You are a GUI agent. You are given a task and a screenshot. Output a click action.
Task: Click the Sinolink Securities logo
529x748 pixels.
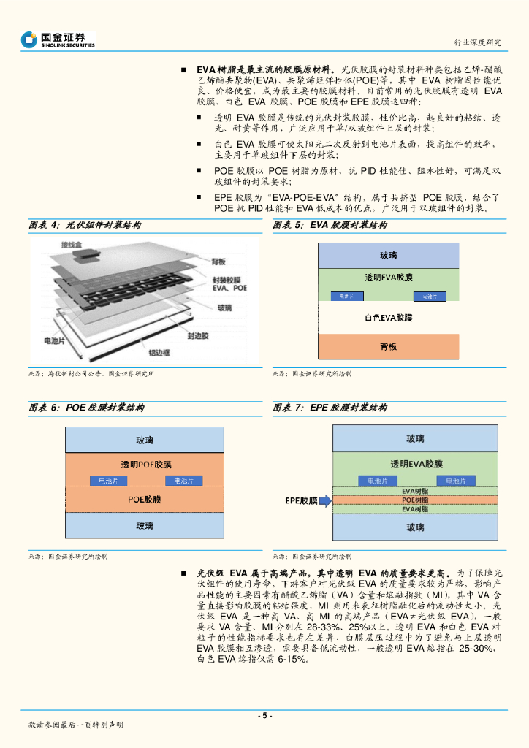pos(58,39)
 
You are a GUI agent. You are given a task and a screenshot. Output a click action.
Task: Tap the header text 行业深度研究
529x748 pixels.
pos(478,42)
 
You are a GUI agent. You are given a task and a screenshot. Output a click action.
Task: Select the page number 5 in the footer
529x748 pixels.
pos(264,715)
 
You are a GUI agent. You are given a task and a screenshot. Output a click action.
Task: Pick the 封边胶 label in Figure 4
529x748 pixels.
pos(197,335)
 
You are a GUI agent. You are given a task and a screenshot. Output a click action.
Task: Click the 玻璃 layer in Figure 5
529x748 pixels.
pos(388,256)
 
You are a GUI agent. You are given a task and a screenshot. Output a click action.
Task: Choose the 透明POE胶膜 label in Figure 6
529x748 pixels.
pos(146,465)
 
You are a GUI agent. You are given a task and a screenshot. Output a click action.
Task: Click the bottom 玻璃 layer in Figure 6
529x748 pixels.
pos(145,525)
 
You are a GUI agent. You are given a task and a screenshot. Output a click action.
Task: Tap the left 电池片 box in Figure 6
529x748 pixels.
pos(108,481)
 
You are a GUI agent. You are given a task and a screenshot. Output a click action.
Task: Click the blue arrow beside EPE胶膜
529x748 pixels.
pos(326,500)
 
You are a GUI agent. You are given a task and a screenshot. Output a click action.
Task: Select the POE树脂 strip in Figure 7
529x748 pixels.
pos(415,500)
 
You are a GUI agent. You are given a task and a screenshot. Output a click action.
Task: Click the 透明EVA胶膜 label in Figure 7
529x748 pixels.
pos(415,464)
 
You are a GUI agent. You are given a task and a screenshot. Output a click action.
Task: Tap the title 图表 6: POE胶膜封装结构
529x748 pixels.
pos(86,408)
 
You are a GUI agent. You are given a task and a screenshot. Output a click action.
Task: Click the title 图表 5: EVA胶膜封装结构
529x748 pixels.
pos(330,226)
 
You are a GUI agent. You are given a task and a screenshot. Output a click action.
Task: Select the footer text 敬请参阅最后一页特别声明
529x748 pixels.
pos(76,725)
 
